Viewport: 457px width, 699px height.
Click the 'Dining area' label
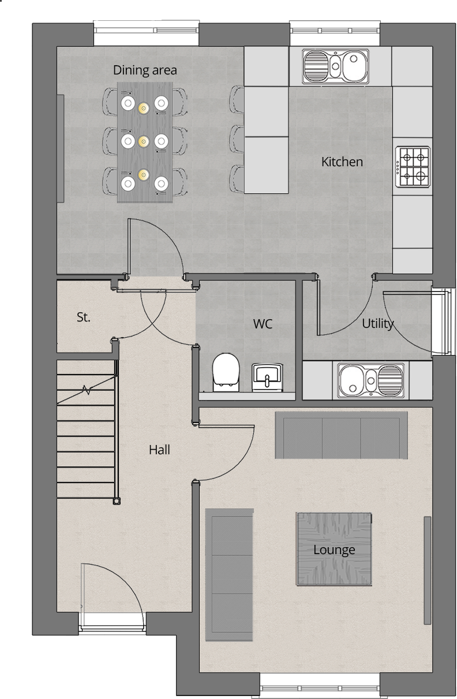click(145, 70)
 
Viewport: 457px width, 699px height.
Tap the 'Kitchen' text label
click(342, 162)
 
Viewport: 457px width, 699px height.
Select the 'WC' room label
click(263, 324)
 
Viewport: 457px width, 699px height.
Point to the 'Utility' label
click(377, 324)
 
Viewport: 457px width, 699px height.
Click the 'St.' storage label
click(84, 317)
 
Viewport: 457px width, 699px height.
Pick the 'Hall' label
click(159, 450)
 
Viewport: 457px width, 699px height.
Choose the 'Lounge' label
click(334, 550)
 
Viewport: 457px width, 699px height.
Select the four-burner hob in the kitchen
click(413, 166)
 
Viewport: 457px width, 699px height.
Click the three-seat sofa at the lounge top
click(342, 435)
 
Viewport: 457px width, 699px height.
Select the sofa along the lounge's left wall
click(230, 575)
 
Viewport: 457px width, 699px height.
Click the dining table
click(144, 142)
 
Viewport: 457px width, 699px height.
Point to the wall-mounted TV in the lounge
click(428, 570)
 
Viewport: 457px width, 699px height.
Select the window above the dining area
click(146, 33)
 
